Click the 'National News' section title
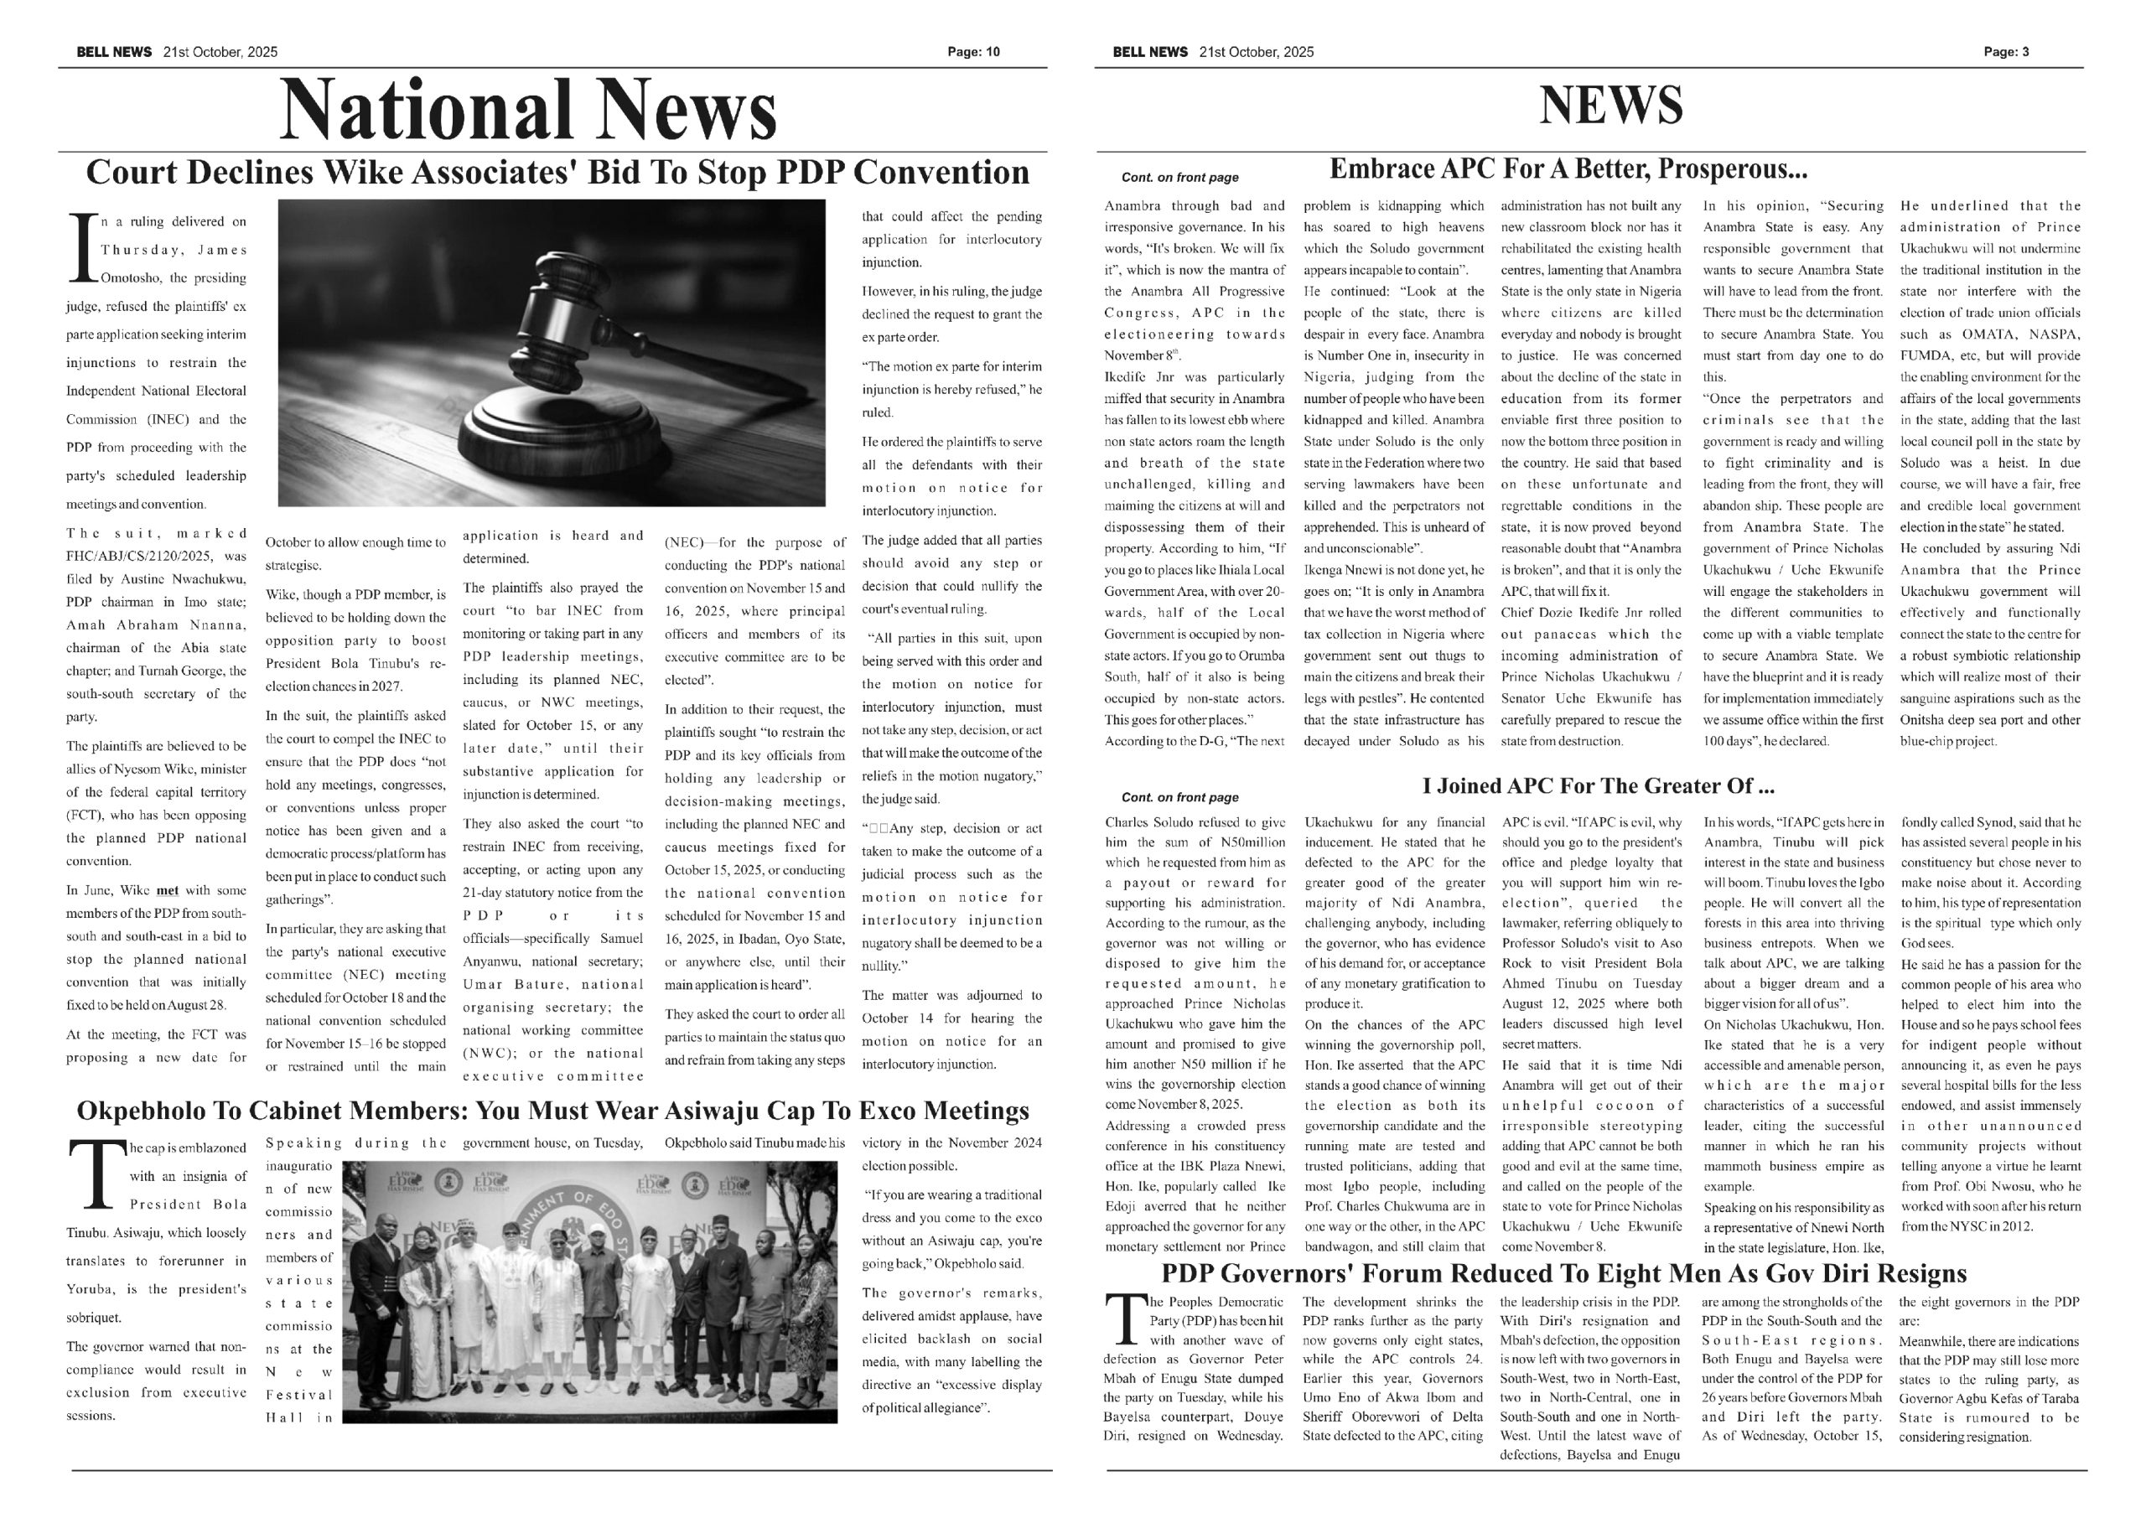coord(528,111)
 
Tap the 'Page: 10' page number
coord(973,52)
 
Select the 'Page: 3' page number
coord(2006,52)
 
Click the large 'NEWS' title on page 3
coord(1610,105)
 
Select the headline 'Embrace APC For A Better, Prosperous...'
coord(1568,170)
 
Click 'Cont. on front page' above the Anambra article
coord(1179,178)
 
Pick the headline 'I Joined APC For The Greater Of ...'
coord(1599,786)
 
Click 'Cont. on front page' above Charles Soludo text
coord(1179,797)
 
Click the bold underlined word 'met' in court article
coord(168,891)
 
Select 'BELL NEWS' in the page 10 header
coord(114,52)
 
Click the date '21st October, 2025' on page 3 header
coord(1257,52)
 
